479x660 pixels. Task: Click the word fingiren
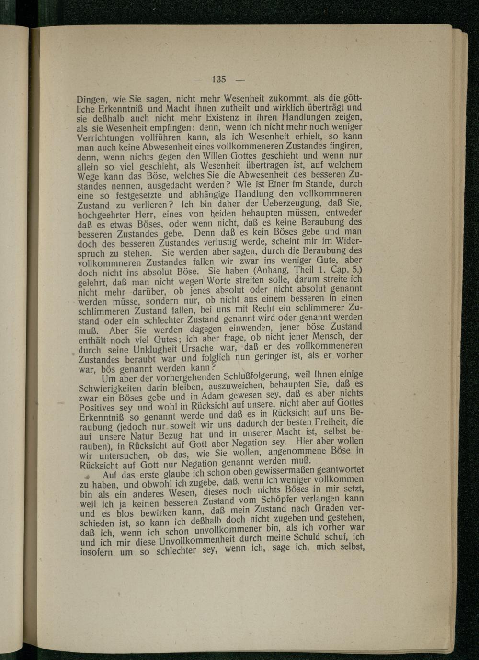345,145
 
